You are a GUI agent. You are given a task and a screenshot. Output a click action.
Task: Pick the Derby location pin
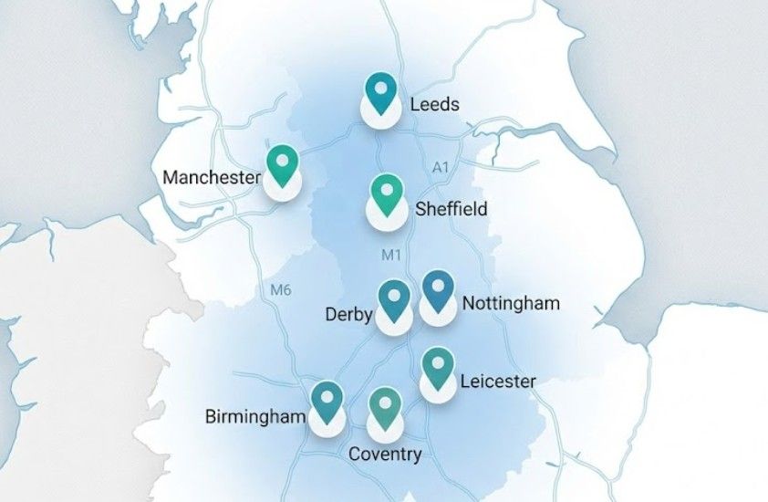(x=394, y=301)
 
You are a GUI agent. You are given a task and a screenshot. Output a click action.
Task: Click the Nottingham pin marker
(x=438, y=292)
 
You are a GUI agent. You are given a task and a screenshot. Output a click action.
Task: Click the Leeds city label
(x=434, y=105)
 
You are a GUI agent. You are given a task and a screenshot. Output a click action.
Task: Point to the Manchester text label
(x=212, y=177)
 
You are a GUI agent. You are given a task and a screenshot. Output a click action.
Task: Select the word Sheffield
(x=451, y=209)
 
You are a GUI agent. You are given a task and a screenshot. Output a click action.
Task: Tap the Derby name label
(x=348, y=316)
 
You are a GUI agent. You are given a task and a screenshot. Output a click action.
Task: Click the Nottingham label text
(x=511, y=303)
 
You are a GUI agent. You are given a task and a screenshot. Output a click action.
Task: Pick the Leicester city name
(x=498, y=381)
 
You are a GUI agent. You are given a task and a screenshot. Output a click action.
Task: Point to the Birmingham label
(x=254, y=418)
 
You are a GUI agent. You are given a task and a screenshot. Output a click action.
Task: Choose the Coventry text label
(x=385, y=455)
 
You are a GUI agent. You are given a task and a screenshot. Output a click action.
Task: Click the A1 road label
(x=441, y=167)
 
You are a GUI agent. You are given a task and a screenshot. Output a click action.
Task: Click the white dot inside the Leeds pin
(x=381, y=89)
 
